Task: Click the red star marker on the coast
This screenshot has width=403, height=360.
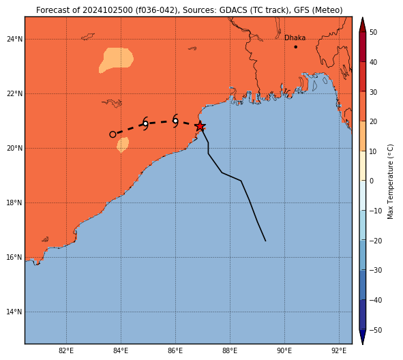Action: (x=200, y=126)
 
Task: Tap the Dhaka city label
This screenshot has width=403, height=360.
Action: (x=295, y=37)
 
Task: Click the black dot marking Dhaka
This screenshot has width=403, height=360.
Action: (x=295, y=47)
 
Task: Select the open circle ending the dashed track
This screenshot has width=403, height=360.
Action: (x=113, y=134)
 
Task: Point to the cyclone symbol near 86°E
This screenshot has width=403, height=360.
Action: (x=175, y=121)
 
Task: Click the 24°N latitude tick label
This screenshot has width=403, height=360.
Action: (x=14, y=39)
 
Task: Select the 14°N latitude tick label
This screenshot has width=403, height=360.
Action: (x=14, y=312)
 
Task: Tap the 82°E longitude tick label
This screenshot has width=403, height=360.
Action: (x=66, y=350)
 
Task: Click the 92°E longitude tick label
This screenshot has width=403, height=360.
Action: (x=339, y=350)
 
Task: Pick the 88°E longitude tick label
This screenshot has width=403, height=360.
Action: (x=230, y=350)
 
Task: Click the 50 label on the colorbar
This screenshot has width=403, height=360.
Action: (x=373, y=32)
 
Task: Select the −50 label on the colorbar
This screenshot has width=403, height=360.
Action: (x=376, y=330)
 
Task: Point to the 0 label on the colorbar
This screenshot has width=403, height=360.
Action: (x=372, y=181)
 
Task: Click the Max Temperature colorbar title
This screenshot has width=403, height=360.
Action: (x=390, y=181)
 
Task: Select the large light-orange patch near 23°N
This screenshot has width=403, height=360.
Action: (x=116, y=60)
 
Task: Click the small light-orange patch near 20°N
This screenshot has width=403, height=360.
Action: (x=123, y=145)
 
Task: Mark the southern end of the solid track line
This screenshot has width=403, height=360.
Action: (x=265, y=241)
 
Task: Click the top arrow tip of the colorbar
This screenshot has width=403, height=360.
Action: (x=362, y=18)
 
